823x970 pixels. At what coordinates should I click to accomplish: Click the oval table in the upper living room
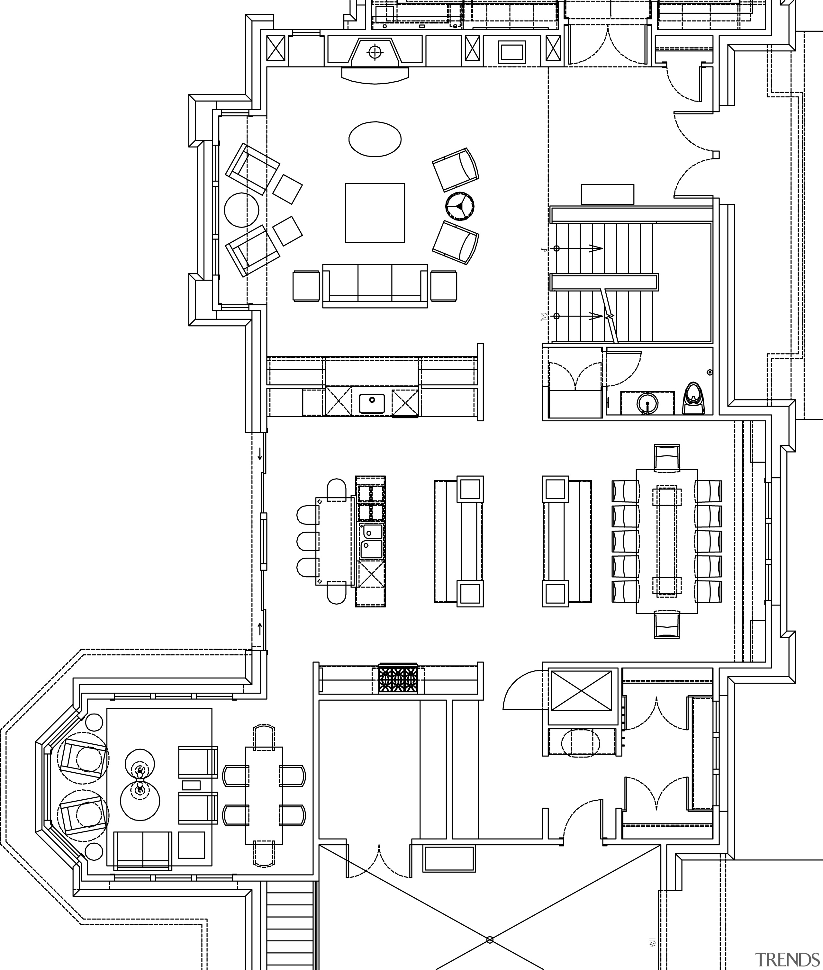tap(375, 139)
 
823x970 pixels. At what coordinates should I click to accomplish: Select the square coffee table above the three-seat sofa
tap(375, 213)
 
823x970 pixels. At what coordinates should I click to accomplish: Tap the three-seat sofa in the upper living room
tap(375, 285)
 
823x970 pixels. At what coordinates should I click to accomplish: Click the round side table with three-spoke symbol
tap(459, 205)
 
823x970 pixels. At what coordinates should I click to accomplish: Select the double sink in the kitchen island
tap(372, 542)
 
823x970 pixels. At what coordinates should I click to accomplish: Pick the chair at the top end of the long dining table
tap(667, 457)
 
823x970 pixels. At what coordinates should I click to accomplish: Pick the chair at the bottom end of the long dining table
tap(667, 625)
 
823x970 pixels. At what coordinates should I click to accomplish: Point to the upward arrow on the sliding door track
tap(260, 628)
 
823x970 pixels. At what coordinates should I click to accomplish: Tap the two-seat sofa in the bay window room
tap(143, 851)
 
